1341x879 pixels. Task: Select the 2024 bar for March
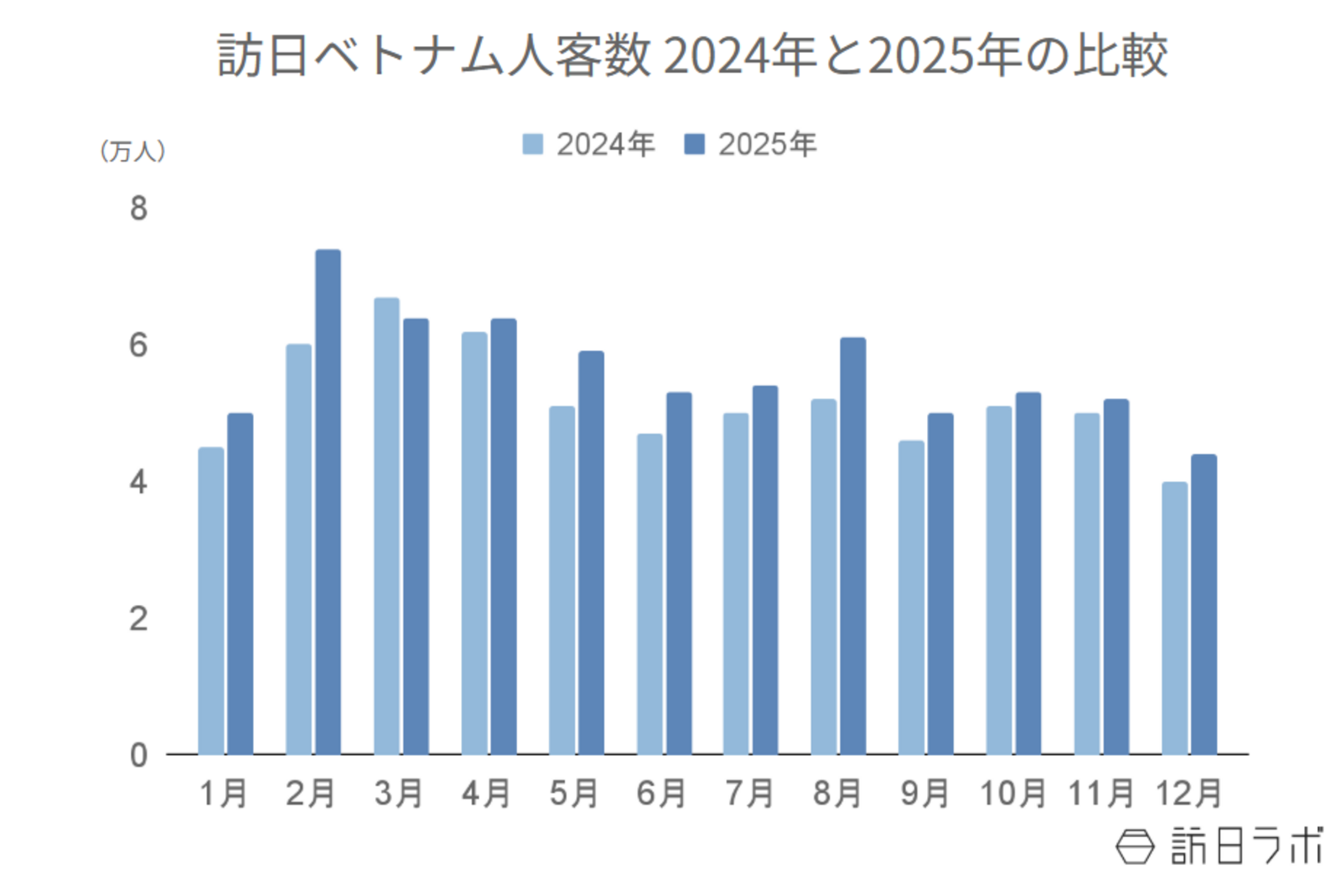click(386, 525)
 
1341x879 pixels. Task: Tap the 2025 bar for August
click(852, 545)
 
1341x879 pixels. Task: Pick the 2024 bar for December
click(1173, 618)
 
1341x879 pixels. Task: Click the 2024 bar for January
click(211, 600)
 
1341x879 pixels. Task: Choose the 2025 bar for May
click(591, 552)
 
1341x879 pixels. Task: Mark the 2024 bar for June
click(650, 593)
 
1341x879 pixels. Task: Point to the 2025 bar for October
click(1028, 573)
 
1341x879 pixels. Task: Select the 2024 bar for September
click(911, 597)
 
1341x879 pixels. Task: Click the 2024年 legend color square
click(533, 144)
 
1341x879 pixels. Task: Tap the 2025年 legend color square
click(694, 144)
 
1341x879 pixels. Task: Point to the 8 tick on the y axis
click(138, 209)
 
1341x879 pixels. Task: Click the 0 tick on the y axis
click(138, 755)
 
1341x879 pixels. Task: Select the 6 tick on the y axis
click(138, 345)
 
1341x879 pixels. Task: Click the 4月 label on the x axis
click(487, 793)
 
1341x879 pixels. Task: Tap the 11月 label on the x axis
click(1100, 793)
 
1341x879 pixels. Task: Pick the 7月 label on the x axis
click(749, 793)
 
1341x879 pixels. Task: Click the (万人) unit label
click(132, 151)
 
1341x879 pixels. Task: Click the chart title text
click(692, 56)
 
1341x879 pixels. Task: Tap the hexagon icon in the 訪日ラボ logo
click(1136, 845)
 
